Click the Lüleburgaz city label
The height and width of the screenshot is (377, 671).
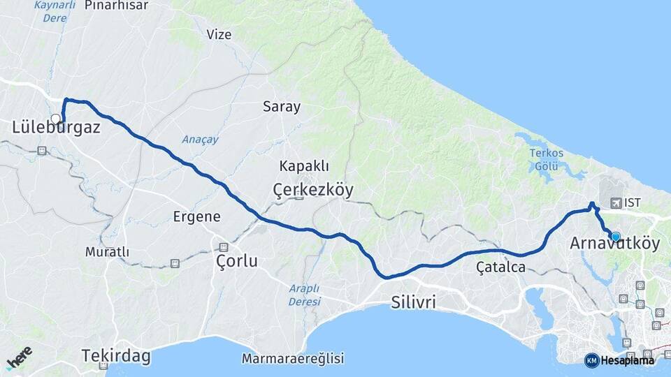57,128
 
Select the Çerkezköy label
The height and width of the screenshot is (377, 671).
313,190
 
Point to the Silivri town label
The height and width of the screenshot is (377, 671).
413,302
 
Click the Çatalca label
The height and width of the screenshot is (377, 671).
500,266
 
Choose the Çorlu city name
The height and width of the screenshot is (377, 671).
236,262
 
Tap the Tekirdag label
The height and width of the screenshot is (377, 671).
116,356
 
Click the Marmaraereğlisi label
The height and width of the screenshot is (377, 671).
293,359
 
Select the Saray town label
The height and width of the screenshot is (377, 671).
282,107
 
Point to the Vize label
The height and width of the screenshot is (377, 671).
219,34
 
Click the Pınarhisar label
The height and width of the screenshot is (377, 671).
117,6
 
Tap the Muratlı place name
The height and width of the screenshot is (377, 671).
107,251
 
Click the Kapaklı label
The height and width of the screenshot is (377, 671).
304,166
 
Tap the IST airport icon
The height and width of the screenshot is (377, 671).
616,203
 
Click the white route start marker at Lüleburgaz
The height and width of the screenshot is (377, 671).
55,119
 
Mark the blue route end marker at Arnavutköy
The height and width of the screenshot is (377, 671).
616,237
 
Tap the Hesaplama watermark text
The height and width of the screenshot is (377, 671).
628,360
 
